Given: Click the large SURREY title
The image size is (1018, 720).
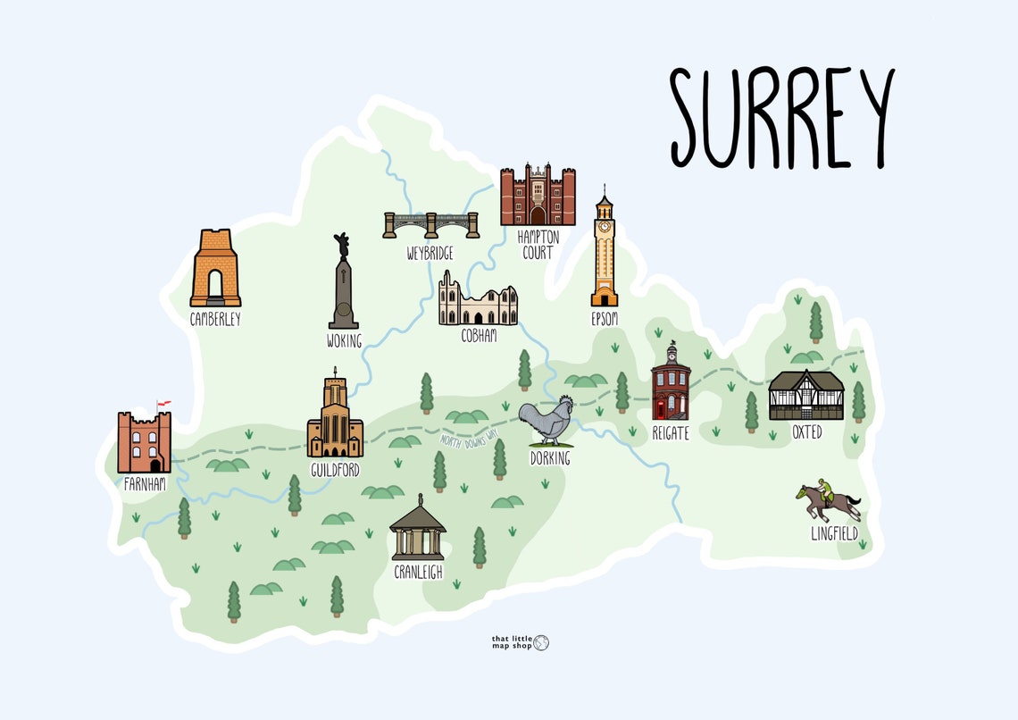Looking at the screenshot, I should click(x=781, y=119).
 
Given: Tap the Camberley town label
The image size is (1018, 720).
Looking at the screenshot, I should click(x=215, y=319).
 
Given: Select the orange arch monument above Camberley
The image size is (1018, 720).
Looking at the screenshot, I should click(x=215, y=269).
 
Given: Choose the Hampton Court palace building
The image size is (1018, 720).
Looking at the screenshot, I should click(x=538, y=196).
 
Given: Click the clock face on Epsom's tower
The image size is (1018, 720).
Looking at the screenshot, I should click(x=605, y=227).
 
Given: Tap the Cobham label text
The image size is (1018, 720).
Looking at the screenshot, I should click(x=479, y=337).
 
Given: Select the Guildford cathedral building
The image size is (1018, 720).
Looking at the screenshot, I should click(x=335, y=419).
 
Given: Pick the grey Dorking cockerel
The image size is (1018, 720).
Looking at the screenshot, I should click(x=546, y=422).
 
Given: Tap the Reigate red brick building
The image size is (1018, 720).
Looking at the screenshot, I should click(x=670, y=384).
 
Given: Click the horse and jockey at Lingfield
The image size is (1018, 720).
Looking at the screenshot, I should click(x=829, y=502).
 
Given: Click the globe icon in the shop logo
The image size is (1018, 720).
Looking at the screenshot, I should click(x=541, y=642).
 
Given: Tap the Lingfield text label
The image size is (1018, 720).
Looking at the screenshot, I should click(x=834, y=534).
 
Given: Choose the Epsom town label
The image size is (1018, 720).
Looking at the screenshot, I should click(x=605, y=319).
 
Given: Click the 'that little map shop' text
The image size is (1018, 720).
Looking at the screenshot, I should click(x=512, y=642).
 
